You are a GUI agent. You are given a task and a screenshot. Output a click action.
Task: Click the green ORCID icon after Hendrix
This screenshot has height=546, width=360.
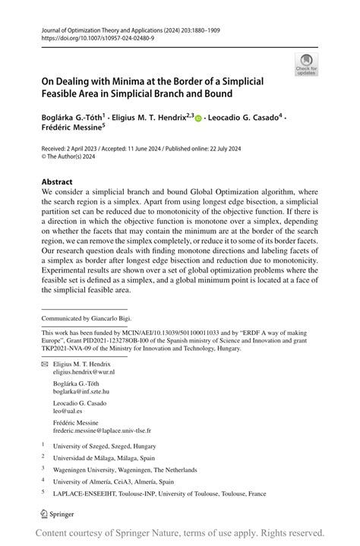pyautogui.click(x=199, y=117)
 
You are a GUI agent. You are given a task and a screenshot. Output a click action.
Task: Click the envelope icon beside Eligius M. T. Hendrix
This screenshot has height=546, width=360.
pyautogui.click(x=44, y=364)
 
